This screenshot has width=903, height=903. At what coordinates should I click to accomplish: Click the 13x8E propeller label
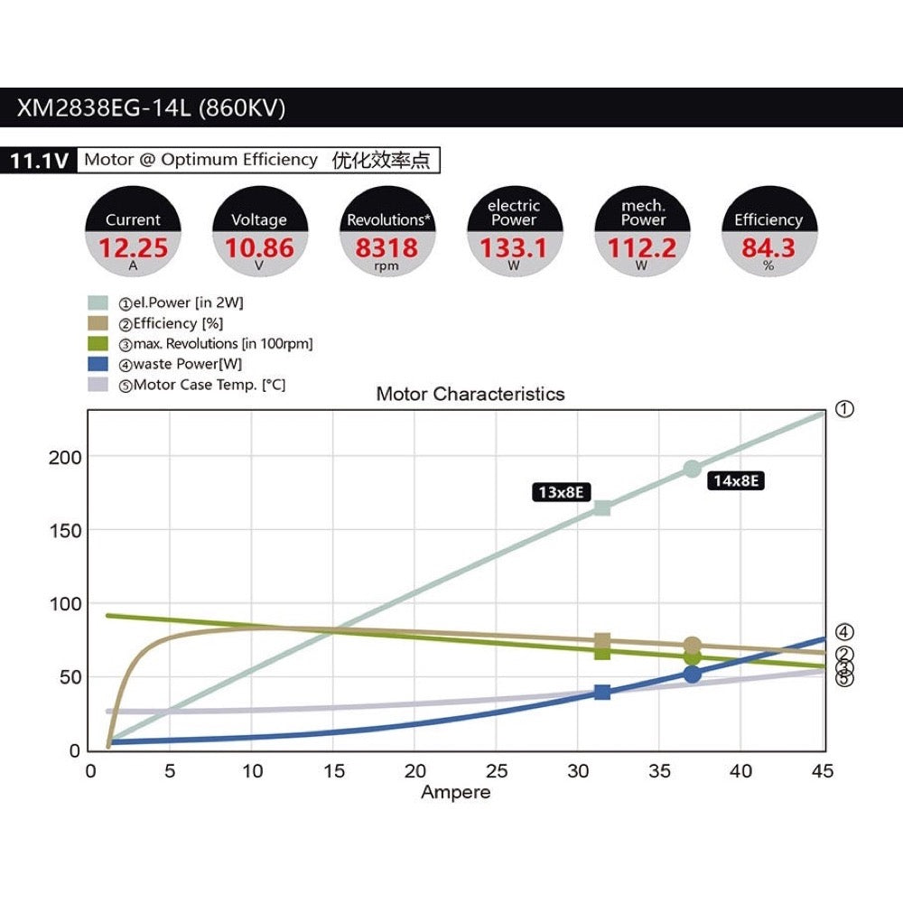(x=561, y=492)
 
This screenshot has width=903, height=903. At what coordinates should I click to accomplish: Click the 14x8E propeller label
(x=736, y=480)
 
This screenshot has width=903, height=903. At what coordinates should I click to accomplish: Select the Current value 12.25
(x=134, y=247)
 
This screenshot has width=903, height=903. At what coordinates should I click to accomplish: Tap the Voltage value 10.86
(x=259, y=247)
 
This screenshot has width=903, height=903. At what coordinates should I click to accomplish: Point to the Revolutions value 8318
(x=386, y=247)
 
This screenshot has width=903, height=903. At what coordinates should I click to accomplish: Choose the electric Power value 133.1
(x=513, y=247)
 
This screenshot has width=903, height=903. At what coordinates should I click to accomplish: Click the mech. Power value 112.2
(x=642, y=247)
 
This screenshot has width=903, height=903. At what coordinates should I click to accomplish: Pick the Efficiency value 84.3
(x=768, y=247)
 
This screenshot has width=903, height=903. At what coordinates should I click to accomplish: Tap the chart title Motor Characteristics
(x=470, y=395)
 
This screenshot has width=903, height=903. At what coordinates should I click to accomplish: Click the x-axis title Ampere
(x=456, y=792)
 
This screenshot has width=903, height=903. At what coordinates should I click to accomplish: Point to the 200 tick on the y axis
(x=65, y=457)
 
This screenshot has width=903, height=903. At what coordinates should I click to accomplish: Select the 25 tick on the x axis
(x=497, y=771)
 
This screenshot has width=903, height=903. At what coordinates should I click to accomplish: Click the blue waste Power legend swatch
(x=98, y=365)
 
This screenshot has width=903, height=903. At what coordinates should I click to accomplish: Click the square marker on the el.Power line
(x=602, y=507)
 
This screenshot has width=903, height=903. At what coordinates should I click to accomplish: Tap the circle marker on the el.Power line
(x=692, y=469)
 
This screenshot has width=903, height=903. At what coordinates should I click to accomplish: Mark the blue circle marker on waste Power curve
(x=692, y=674)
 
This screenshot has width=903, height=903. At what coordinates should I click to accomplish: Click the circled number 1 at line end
(x=844, y=409)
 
